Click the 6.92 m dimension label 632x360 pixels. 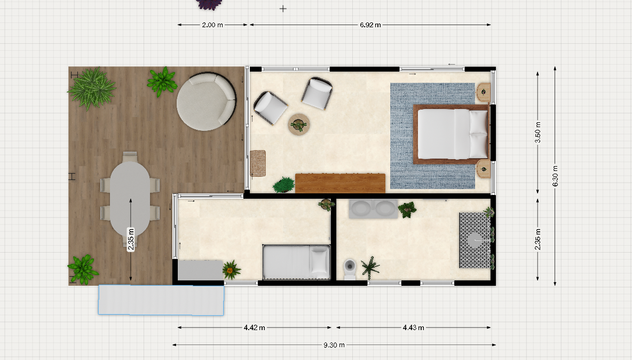(370, 25)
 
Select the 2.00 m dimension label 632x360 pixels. (212, 25)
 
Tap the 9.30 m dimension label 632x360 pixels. (334, 345)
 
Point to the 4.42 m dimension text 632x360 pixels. (254, 328)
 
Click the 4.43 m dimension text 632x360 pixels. (414, 328)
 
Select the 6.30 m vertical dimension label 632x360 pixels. (555, 176)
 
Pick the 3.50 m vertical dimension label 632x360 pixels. (538, 132)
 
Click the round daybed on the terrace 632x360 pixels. (207, 101)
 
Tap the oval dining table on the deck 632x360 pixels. (130, 198)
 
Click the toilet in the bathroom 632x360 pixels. (350, 269)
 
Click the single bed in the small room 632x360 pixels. (296, 262)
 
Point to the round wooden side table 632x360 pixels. (299, 124)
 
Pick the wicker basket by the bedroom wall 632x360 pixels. (258, 163)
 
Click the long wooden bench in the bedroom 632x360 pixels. (340, 183)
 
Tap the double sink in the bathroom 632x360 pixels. (373, 209)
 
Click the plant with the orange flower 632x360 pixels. (231, 269)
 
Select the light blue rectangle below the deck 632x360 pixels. (161, 300)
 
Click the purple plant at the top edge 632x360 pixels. (209, 4)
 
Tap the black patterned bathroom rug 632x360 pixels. (475, 240)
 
